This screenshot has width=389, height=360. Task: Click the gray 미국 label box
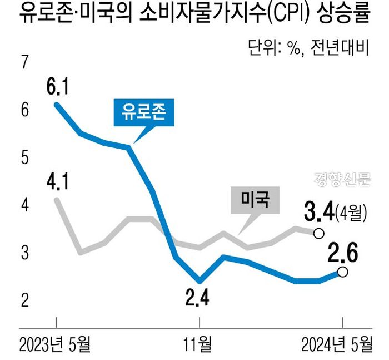pos(255,200)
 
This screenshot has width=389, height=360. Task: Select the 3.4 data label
pos(319,211)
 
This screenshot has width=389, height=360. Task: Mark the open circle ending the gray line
pos(319,233)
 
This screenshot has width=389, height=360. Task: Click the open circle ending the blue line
pos(343,272)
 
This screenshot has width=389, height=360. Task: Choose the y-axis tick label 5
pos(24,158)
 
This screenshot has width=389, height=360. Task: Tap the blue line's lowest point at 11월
pos(200,280)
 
